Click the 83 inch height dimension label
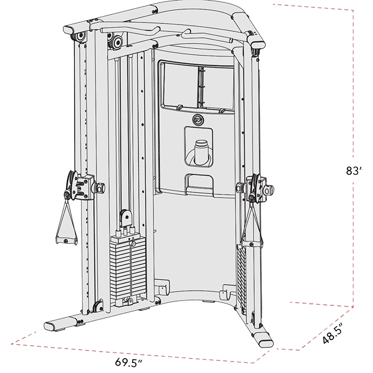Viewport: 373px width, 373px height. point(354,171)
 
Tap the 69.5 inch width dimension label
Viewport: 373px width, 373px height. point(129,362)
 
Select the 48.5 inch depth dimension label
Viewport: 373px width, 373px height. point(333,333)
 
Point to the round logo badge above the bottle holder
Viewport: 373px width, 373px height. point(198,120)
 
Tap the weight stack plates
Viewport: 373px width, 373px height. point(128,271)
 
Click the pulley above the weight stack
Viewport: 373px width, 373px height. point(125,216)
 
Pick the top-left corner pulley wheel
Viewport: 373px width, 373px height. point(79,36)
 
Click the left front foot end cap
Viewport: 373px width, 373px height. point(51,326)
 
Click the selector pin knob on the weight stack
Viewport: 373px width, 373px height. point(133,244)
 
